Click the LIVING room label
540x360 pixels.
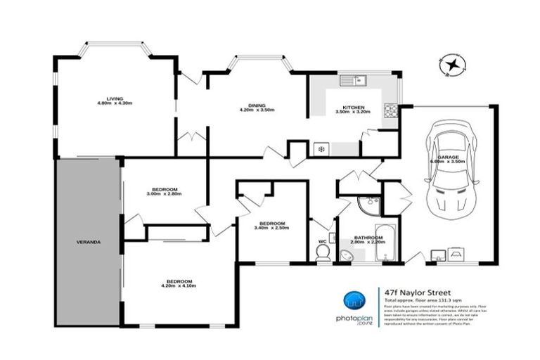click(115, 98)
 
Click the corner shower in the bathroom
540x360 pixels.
click(367, 205)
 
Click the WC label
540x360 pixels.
click(323, 241)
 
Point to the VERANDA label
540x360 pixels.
click(89, 242)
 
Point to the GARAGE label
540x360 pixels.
click(448, 155)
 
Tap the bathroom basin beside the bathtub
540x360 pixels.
click(347, 255)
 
